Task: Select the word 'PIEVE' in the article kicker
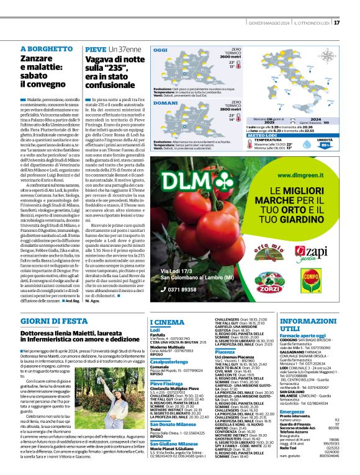pos(96,48)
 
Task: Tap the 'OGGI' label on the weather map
pos(160,49)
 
